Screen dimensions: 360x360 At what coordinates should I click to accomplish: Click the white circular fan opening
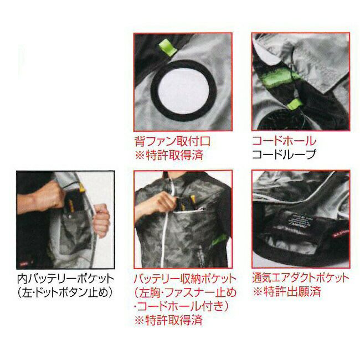pyautogui.click(x=183, y=90)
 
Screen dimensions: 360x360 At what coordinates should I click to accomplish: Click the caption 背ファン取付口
pyautogui.click(x=172, y=141)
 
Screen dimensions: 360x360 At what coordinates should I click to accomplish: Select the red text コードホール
pyautogui.click(x=284, y=141)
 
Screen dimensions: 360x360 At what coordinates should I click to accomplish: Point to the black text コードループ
pyautogui.click(x=284, y=154)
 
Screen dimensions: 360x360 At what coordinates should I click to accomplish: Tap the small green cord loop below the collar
pyautogui.click(x=296, y=104)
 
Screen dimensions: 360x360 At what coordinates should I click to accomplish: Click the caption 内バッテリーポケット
pyautogui.click(x=66, y=279)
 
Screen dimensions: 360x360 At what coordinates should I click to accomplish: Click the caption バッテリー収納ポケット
pyautogui.click(x=185, y=279)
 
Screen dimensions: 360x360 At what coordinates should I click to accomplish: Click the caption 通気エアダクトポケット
pyautogui.click(x=301, y=278)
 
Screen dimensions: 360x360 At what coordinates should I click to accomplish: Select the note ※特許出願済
pyautogui.click(x=286, y=291)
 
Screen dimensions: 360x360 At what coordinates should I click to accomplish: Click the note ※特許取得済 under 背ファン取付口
pyautogui.click(x=169, y=155)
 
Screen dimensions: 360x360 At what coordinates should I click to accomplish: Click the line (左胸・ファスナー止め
pyautogui.click(x=185, y=292)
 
